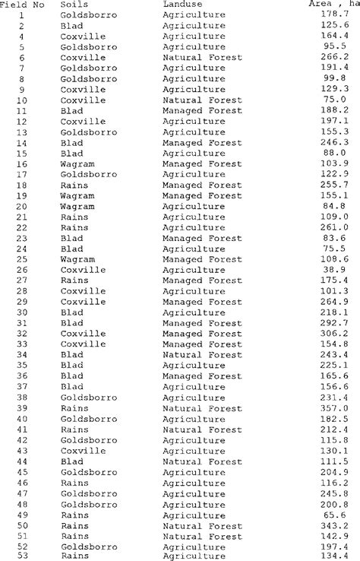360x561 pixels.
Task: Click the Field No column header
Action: pos(22,5)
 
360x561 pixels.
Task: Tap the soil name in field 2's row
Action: pos(71,25)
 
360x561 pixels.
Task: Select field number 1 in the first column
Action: pos(21,14)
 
